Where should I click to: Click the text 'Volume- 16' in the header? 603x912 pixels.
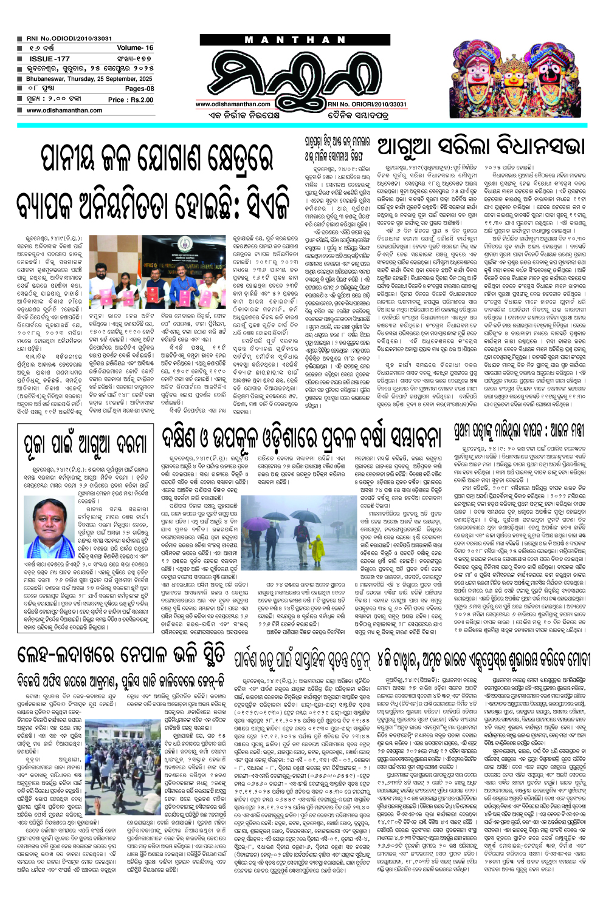135,48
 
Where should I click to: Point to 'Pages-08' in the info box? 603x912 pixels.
139,89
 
